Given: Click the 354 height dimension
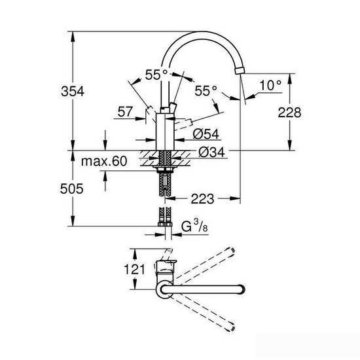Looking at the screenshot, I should click(x=77, y=92).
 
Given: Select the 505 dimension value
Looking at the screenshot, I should click(x=77, y=189).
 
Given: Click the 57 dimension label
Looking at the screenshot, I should click(x=126, y=113).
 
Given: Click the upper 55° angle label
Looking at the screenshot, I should click(x=156, y=75).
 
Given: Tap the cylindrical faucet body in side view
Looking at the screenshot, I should click(x=164, y=131).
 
